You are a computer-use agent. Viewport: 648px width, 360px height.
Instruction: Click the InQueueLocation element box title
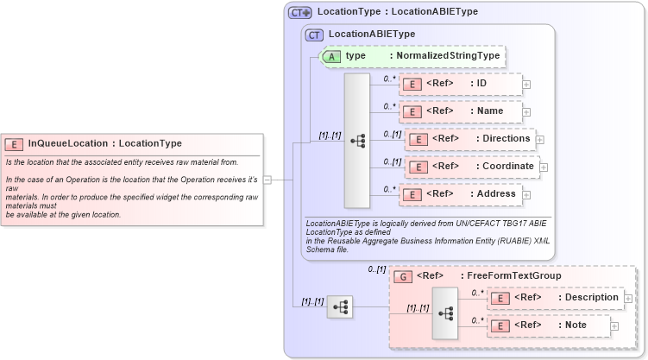pos(104,143)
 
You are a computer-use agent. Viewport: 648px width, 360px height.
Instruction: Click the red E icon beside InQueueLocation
pos(15,144)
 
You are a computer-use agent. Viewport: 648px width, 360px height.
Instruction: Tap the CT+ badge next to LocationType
pos(300,12)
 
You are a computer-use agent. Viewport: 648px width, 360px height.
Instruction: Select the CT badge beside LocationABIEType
pos(314,35)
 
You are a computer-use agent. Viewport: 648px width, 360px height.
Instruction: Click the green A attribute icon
pos(331,56)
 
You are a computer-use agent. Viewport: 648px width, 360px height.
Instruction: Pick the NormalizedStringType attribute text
pos(444,56)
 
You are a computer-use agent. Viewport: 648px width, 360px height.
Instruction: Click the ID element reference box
pos(460,84)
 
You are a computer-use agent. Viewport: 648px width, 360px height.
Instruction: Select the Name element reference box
pos(460,112)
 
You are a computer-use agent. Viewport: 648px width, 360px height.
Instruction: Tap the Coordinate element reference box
pos(471,167)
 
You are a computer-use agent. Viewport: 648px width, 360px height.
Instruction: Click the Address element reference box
pos(460,194)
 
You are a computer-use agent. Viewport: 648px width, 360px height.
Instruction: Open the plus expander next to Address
pos(526,195)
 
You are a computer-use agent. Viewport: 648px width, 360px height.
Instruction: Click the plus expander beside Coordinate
pos(544,167)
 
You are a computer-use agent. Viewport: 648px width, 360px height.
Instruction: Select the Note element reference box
pos(549,325)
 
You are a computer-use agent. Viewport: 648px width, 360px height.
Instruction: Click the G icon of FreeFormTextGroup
pos(402,276)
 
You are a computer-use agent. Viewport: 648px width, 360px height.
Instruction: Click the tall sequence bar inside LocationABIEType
pos(357,141)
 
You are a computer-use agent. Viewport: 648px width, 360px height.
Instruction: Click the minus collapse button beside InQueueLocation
pos(267,180)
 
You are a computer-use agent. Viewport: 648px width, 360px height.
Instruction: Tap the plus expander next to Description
pos(628,299)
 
